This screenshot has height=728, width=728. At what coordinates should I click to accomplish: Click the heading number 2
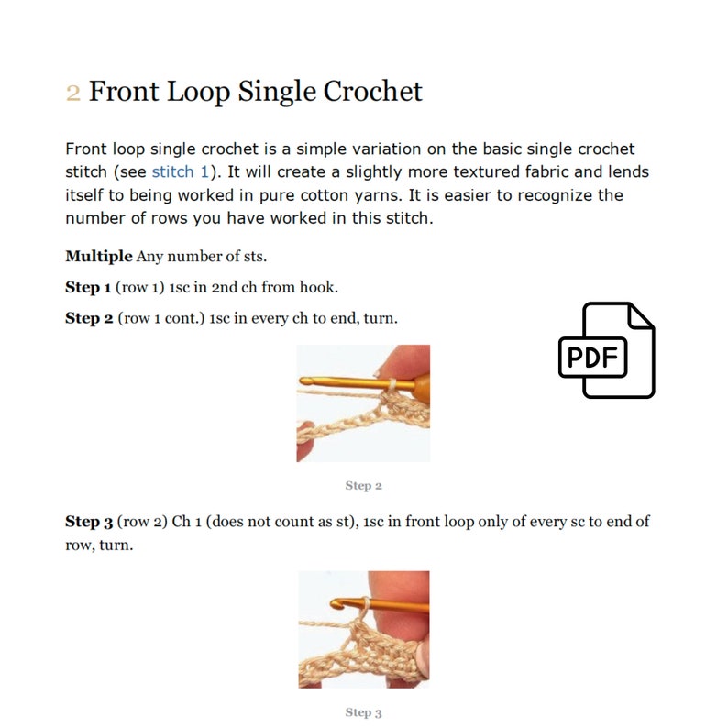(x=73, y=93)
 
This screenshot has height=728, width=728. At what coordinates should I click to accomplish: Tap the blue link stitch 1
(x=180, y=171)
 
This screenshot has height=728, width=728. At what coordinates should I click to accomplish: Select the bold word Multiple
(x=98, y=256)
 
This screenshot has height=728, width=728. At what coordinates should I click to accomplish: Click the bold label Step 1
(x=89, y=287)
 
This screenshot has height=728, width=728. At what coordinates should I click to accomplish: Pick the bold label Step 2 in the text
(x=89, y=317)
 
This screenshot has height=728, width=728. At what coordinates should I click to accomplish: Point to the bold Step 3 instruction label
(x=89, y=522)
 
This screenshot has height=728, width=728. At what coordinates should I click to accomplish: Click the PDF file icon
(x=606, y=350)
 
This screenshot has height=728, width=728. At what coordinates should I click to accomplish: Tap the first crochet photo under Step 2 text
(x=363, y=403)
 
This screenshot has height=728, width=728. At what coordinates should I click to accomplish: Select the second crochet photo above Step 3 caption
(x=363, y=629)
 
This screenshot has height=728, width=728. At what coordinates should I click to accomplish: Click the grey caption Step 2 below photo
(x=363, y=486)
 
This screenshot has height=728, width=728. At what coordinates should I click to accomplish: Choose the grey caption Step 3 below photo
(x=363, y=712)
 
